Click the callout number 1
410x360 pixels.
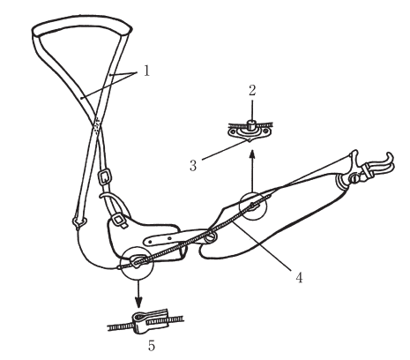click(146, 71)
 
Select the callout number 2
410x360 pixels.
click(252, 91)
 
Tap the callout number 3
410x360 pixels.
click(193, 166)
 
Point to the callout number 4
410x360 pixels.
click(299, 277)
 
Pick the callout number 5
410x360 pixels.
click(152, 346)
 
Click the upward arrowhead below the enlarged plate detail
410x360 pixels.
click(252, 155)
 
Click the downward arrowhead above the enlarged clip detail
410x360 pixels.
click(138, 302)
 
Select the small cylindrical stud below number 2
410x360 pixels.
click(251, 124)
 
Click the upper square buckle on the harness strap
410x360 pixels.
click(104, 177)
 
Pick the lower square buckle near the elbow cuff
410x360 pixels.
click(120, 220)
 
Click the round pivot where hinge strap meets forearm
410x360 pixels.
click(212, 237)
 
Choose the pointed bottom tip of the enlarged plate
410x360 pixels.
click(250, 142)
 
